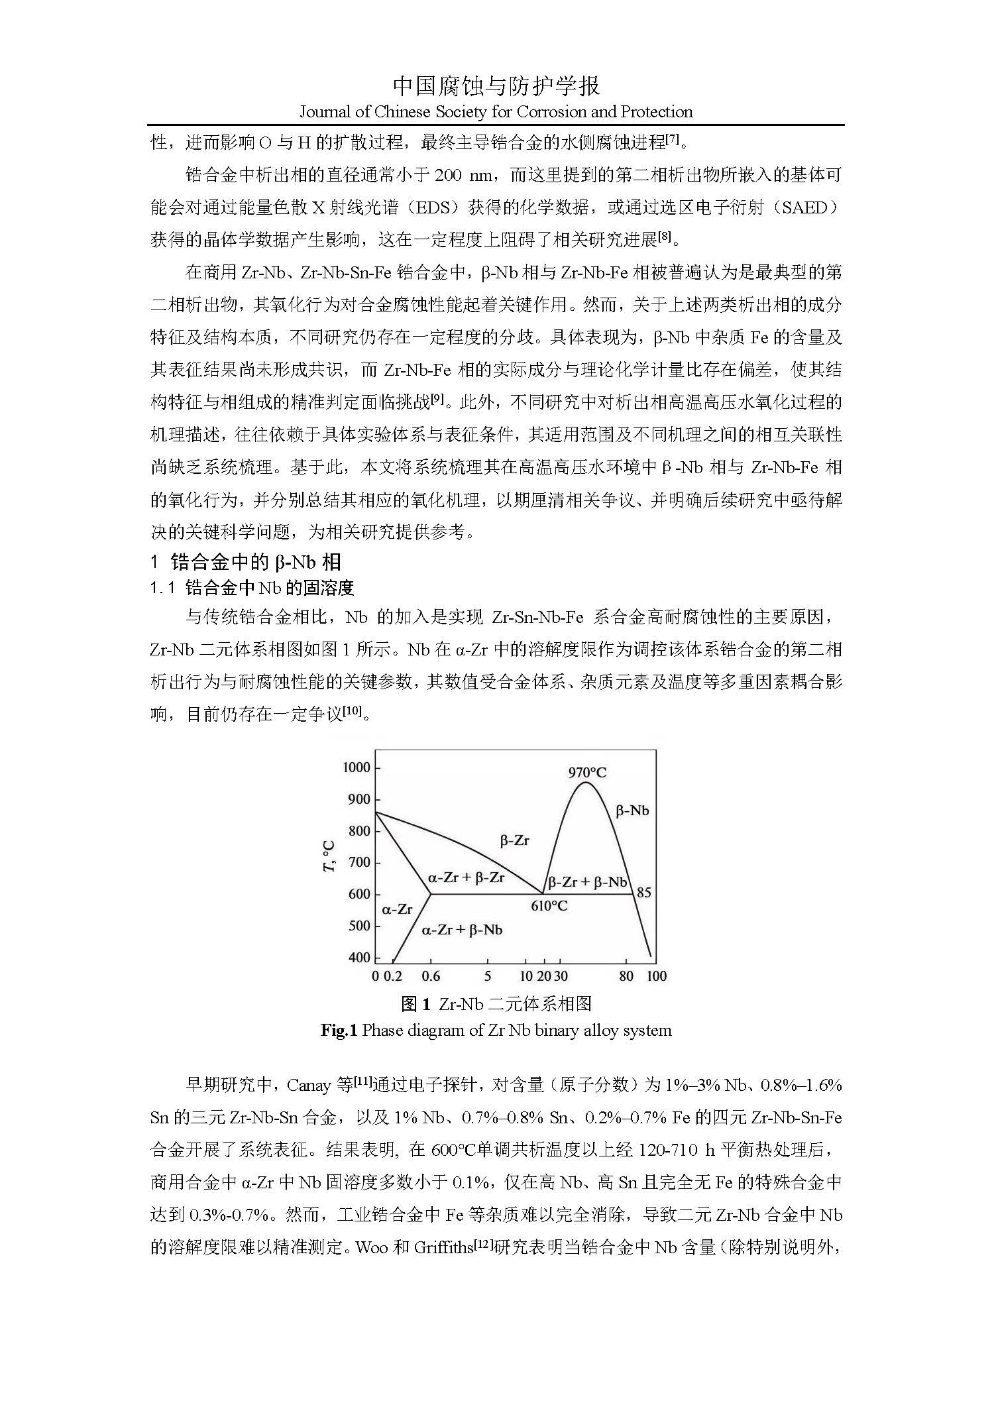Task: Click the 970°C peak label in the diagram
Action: tap(587, 772)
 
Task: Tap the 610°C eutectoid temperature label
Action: tap(549, 906)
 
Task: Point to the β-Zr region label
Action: tap(514, 840)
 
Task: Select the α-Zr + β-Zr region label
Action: tap(466, 877)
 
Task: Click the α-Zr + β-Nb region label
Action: tap(462, 930)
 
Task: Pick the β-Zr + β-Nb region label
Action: tap(587, 882)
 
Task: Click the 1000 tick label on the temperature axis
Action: tap(357, 767)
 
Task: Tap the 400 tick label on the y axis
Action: tap(359, 958)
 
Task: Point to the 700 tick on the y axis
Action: tap(359, 863)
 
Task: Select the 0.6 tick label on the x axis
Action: tap(431, 976)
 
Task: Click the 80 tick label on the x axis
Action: tap(626, 976)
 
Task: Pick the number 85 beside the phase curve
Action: tap(643, 893)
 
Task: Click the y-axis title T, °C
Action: tap(329, 856)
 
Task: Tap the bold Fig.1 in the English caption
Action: tap(339, 1031)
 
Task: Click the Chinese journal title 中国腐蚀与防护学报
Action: tap(496, 86)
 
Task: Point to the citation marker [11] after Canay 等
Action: tap(362, 1082)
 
